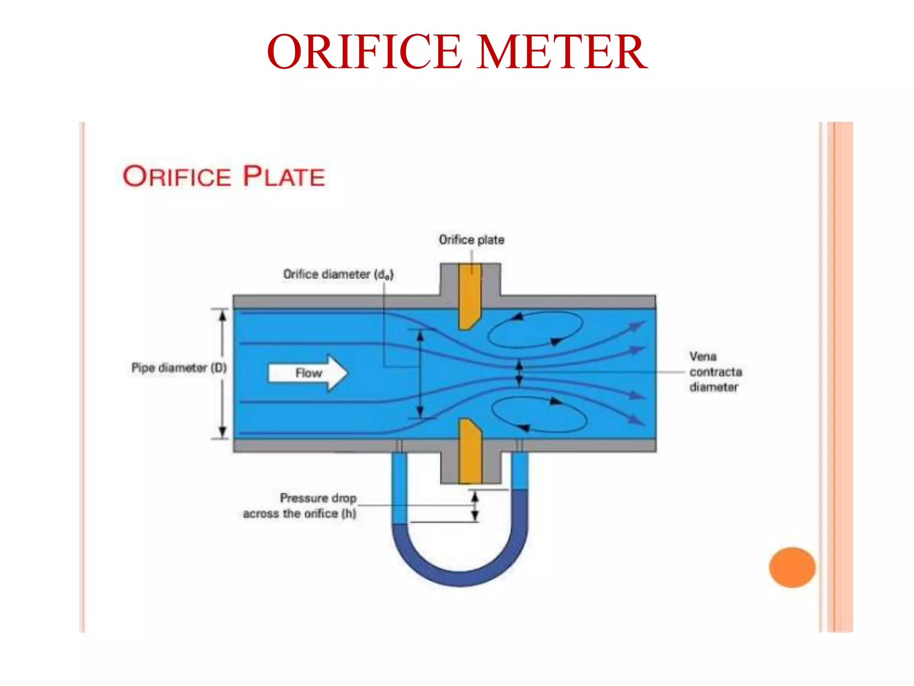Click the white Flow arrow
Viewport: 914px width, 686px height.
tap(308, 373)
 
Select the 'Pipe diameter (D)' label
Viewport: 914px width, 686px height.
tap(179, 368)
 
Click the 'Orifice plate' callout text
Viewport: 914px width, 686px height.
tap(471, 240)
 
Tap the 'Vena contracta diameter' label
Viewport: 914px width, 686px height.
tap(715, 372)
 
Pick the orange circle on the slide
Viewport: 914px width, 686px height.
tap(792, 567)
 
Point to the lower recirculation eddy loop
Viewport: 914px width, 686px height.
tap(539, 414)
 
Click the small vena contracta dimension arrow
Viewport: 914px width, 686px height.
tap(519, 373)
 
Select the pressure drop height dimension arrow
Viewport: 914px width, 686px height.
tap(475, 506)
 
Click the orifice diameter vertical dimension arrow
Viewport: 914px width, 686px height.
tap(420, 373)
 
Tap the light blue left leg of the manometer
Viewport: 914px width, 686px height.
tap(399, 489)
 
